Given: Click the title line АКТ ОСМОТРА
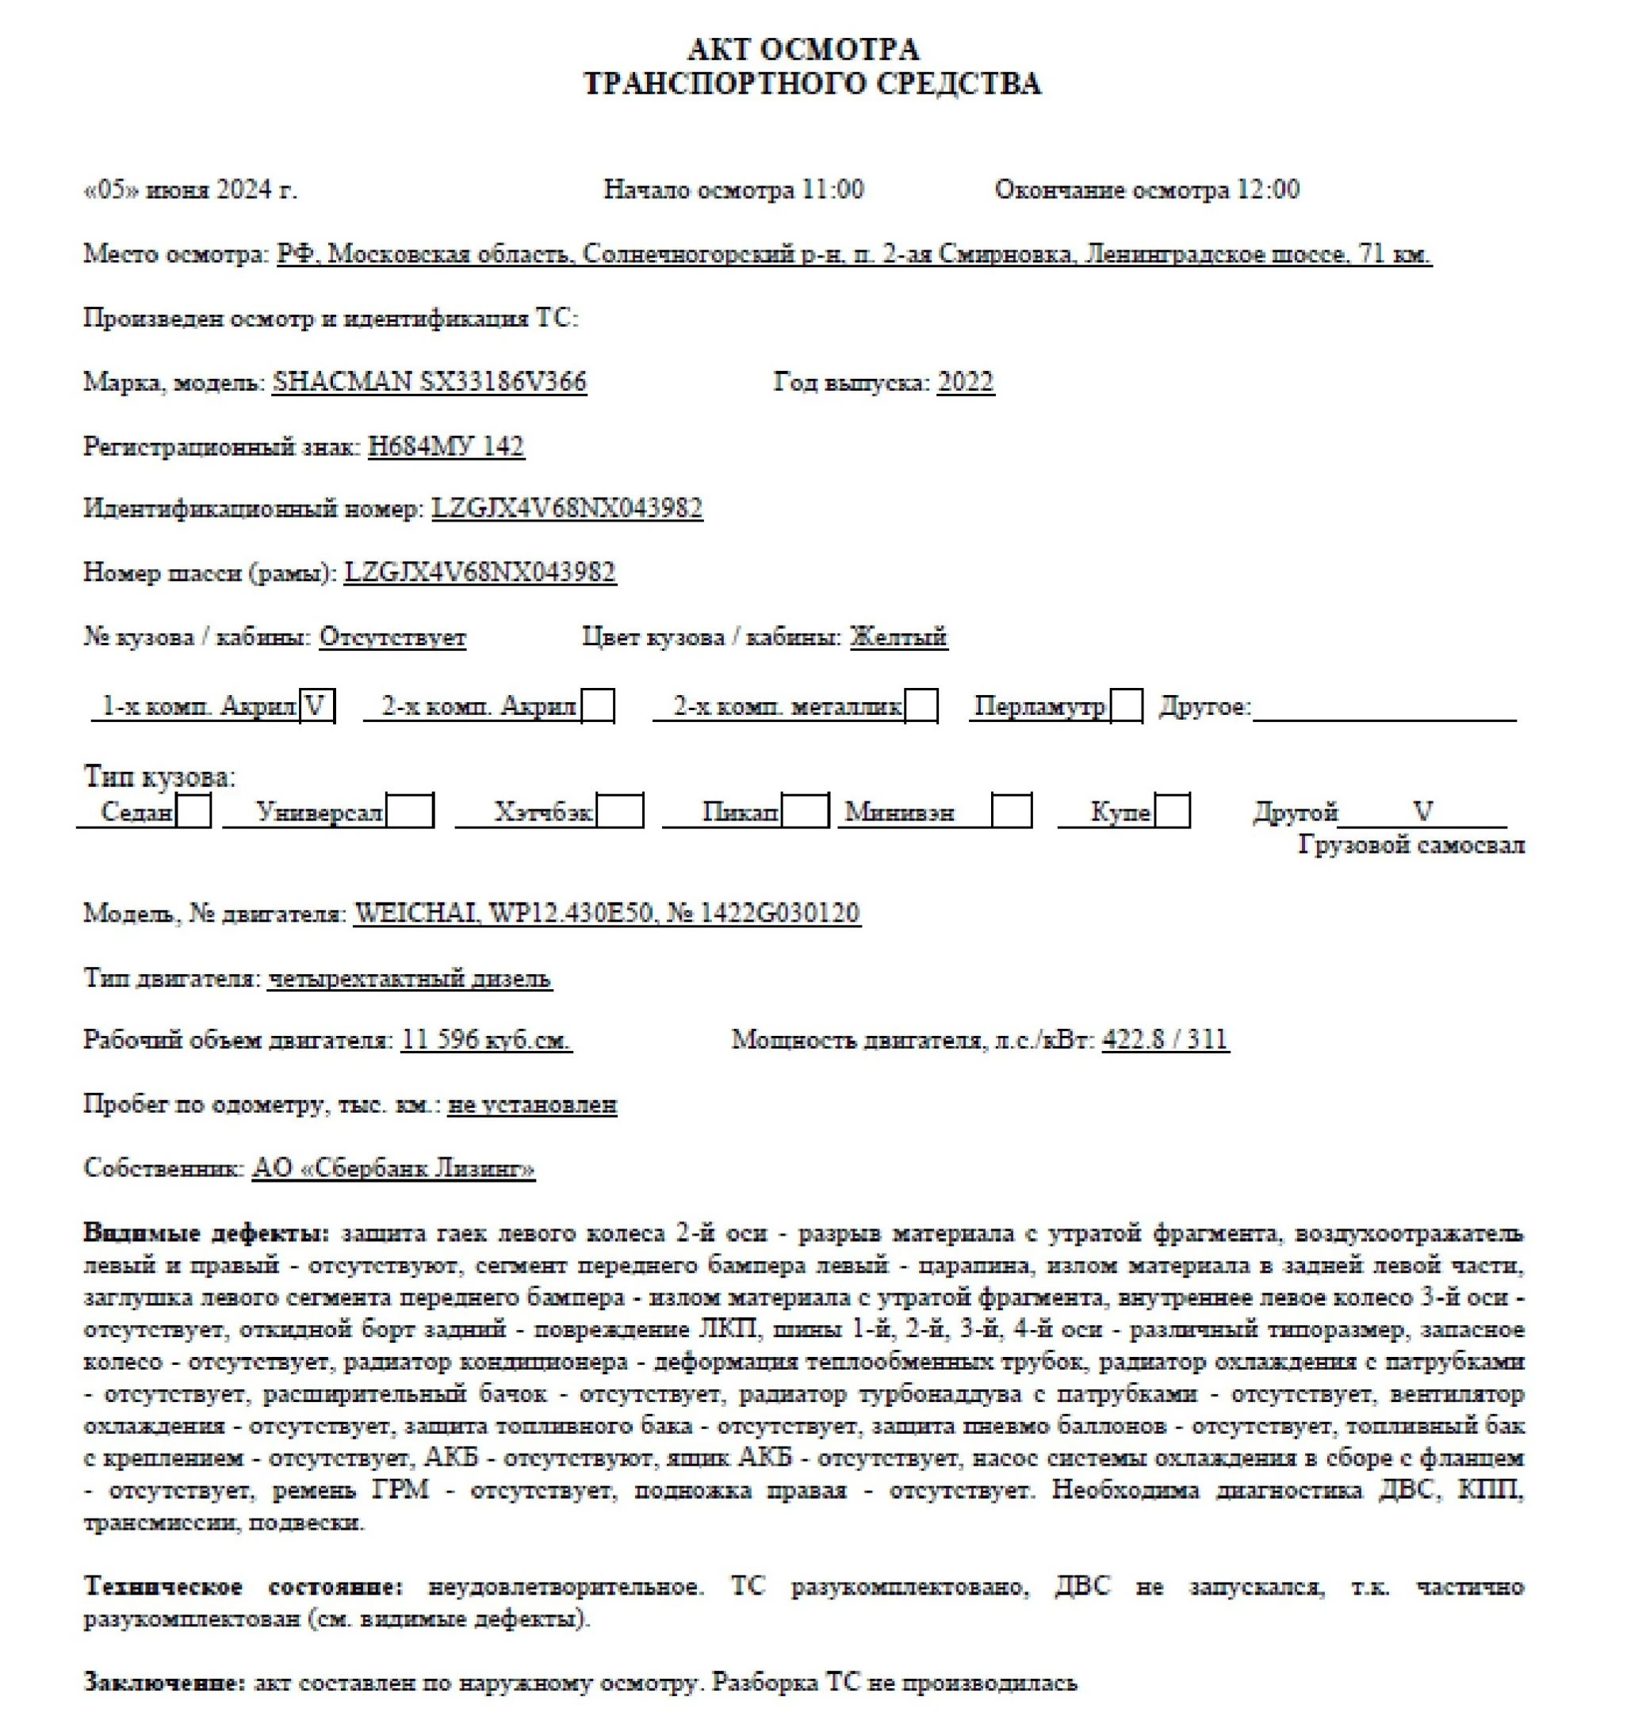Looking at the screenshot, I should [802, 48].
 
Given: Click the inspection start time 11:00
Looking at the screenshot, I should [832, 189].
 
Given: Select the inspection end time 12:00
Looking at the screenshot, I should [1267, 189].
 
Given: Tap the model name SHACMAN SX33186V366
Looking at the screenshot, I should [429, 382].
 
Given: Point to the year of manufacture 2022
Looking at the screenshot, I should [965, 382].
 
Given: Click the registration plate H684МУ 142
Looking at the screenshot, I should [446, 446].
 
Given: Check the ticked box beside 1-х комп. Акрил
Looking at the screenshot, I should [316, 705].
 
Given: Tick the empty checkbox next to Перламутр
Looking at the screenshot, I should [1126, 705].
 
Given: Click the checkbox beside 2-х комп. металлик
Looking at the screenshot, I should [921, 705].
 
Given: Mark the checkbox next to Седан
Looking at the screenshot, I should [193, 812].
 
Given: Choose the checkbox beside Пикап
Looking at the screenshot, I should [805, 812].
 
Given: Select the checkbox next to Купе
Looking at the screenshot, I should [1172, 812].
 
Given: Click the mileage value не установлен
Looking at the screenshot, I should [532, 1105].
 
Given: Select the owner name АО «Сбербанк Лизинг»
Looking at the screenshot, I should [393, 1169].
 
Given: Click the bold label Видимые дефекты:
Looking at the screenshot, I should [206, 1233].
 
